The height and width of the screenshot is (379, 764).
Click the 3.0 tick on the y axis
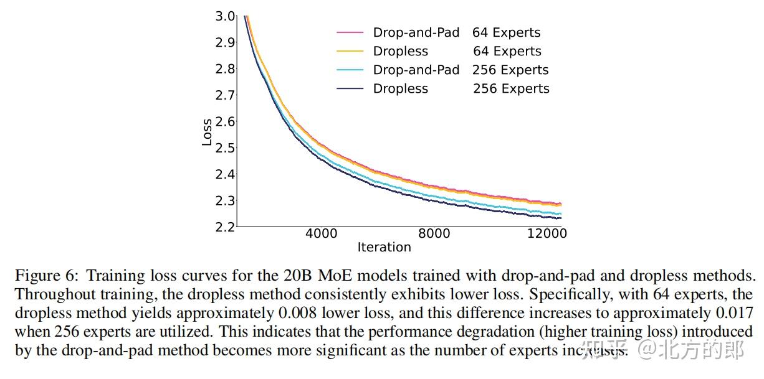pyautogui.click(x=225, y=16)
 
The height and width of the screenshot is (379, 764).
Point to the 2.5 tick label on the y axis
pyautogui.click(x=225, y=148)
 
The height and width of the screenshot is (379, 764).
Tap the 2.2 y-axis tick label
pyautogui.click(x=225, y=227)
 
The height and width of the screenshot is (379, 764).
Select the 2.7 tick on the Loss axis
pyautogui.click(x=225, y=95)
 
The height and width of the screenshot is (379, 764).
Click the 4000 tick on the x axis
pyautogui.click(x=322, y=234)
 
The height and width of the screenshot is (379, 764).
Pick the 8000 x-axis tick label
pyautogui.click(x=434, y=234)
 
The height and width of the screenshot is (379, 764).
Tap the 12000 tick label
pyautogui.click(x=547, y=234)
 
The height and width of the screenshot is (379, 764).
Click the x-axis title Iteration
pyautogui.click(x=384, y=247)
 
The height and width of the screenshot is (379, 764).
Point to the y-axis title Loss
pyautogui.click(x=207, y=132)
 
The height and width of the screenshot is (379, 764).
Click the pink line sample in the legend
pyautogui.click(x=350, y=32)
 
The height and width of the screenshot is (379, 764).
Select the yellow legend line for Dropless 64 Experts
pyautogui.click(x=350, y=51)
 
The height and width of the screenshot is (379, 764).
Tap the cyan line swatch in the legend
pyautogui.click(x=350, y=70)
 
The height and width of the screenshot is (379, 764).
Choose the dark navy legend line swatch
pyautogui.click(x=350, y=88)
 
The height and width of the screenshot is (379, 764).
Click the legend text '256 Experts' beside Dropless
pyautogui.click(x=511, y=89)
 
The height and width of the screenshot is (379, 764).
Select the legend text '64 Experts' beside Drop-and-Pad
pyautogui.click(x=506, y=33)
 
